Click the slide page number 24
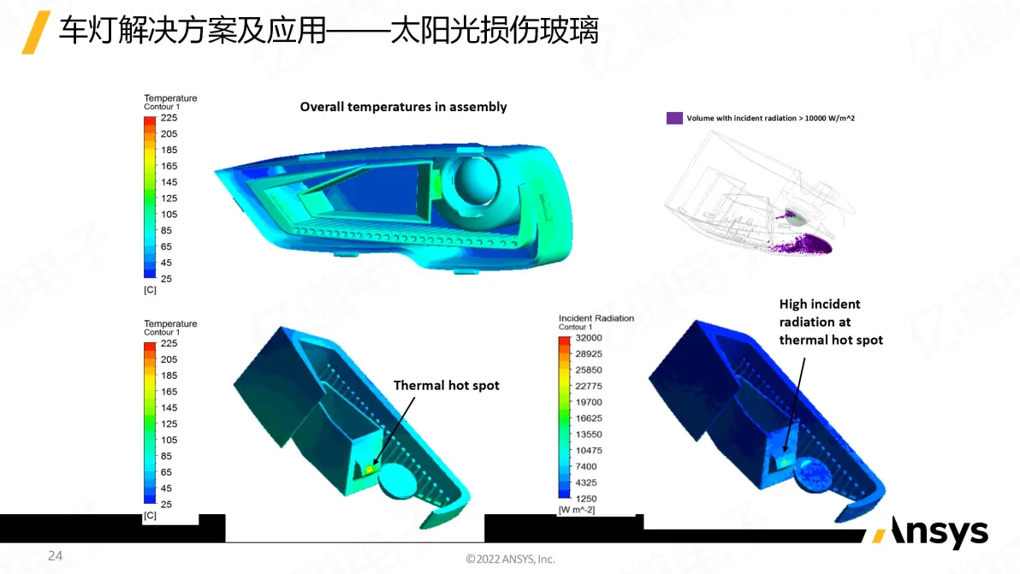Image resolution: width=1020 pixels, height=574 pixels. point(56,556)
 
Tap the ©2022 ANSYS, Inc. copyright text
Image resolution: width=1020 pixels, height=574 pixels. point(510,559)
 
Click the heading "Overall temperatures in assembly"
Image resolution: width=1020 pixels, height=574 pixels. point(403,107)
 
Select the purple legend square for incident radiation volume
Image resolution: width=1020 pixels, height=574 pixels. point(674,118)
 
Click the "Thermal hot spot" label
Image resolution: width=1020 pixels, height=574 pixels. point(447,386)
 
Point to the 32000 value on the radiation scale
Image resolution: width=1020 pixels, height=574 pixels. point(589,338)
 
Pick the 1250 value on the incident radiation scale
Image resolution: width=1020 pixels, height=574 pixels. point(586,499)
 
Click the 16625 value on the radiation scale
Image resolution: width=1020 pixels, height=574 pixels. point(589,418)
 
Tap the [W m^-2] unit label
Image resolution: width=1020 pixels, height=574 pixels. point(577,510)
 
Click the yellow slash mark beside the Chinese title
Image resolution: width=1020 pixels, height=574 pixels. point(36,32)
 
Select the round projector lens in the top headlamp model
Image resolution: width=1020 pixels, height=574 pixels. point(476,180)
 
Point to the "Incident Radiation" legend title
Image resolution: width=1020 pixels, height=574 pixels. point(596,318)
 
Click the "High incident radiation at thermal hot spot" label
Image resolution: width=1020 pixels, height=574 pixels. point(831,322)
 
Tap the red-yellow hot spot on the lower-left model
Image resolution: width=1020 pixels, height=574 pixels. point(370,469)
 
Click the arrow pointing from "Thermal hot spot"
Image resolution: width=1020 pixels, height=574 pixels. point(394,431)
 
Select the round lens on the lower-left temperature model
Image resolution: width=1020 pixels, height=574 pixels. point(397,482)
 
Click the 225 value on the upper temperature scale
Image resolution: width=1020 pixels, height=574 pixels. point(169,118)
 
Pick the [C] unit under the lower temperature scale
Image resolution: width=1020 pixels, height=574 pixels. point(151,516)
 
